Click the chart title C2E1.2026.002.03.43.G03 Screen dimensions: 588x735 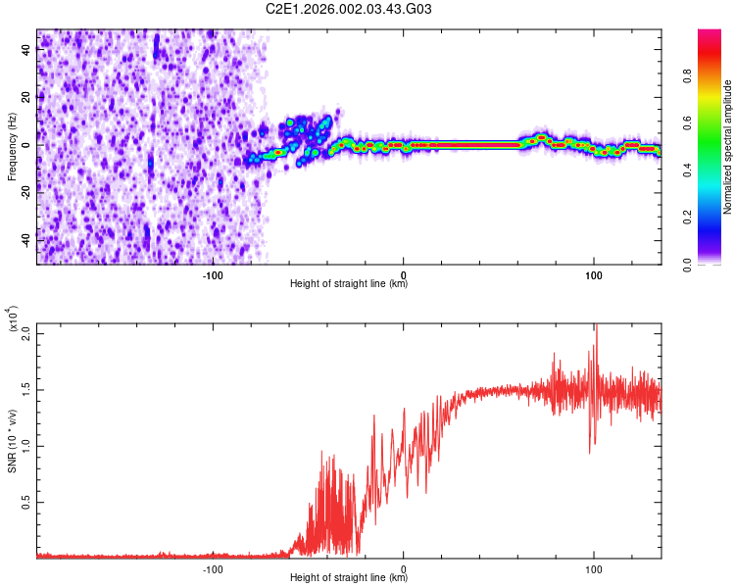pyautogui.click(x=349, y=9)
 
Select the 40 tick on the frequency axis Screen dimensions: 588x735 pyautogui.click(x=26, y=50)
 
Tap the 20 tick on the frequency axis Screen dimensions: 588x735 pyautogui.click(x=26, y=98)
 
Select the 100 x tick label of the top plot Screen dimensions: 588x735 pyautogui.click(x=593, y=273)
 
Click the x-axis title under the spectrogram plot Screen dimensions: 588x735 pyautogui.click(x=349, y=284)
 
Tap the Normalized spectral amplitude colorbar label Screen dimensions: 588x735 pyautogui.click(x=728, y=147)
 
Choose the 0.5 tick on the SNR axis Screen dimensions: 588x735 pyautogui.click(x=25, y=502)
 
